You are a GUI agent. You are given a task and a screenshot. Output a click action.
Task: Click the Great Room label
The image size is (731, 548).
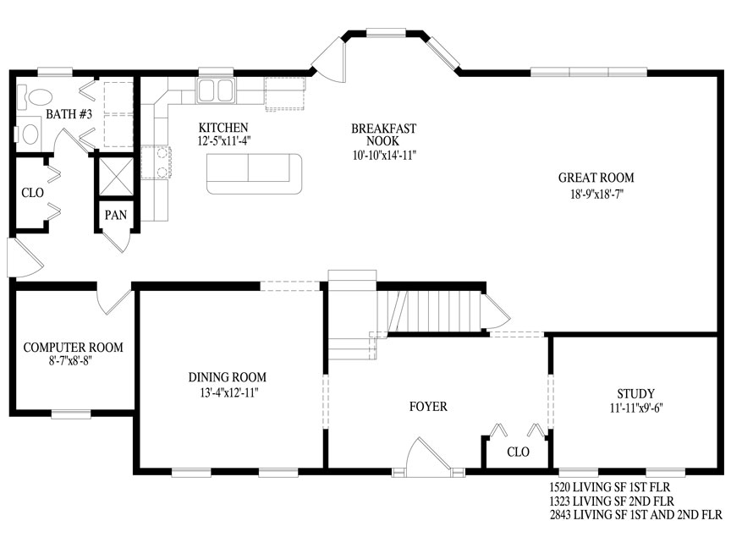click(596, 178)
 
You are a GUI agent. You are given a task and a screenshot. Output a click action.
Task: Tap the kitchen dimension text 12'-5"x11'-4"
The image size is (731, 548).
click(224, 140)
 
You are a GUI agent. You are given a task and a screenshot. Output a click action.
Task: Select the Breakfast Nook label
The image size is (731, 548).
click(383, 134)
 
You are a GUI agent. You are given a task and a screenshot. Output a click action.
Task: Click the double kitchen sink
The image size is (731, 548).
click(216, 90)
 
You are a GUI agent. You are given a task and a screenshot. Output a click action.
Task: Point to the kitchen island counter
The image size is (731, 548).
click(255, 173)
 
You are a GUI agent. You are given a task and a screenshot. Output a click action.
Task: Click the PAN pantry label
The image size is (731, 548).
click(116, 215)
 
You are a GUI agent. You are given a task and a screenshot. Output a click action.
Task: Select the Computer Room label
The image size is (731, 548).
click(74, 348)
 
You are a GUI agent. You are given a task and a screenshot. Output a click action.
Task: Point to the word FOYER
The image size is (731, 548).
click(428, 407)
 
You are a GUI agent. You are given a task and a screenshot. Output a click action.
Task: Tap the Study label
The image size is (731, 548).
click(636, 394)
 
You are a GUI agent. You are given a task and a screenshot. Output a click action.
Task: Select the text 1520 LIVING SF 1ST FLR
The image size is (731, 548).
click(610, 487)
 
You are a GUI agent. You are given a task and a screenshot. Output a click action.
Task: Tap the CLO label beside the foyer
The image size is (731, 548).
click(518, 452)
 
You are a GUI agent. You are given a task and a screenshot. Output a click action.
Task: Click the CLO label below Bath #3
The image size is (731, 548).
click(33, 193)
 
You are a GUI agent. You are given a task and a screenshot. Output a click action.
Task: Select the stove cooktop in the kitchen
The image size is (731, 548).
click(157, 162)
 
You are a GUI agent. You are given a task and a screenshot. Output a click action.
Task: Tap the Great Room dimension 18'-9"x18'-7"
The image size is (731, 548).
click(596, 194)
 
